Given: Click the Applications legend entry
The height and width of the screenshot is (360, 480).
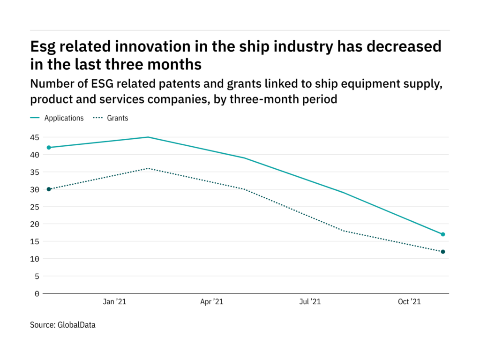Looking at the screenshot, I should tap(64, 118).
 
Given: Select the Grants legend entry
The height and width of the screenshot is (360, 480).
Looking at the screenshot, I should tap(117, 118).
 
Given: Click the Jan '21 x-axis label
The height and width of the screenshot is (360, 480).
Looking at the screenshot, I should tap(114, 302).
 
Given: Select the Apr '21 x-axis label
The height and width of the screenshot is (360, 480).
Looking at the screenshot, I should tap(212, 302).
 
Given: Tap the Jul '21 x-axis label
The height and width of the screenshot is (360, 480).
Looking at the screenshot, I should tap(310, 302).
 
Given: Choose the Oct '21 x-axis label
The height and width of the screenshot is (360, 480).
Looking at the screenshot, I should tap(409, 302).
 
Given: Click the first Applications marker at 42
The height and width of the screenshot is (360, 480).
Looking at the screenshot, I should tap(49, 148).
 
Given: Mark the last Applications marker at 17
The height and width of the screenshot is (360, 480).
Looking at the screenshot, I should tap(443, 234).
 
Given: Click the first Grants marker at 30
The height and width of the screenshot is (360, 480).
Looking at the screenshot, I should tap(49, 189).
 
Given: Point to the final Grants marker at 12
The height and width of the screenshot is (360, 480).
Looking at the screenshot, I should tap(443, 252).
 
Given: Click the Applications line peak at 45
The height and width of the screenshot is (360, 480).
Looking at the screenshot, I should tap(148, 137).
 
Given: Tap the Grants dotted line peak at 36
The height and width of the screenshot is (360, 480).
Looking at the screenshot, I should tap(148, 168).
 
